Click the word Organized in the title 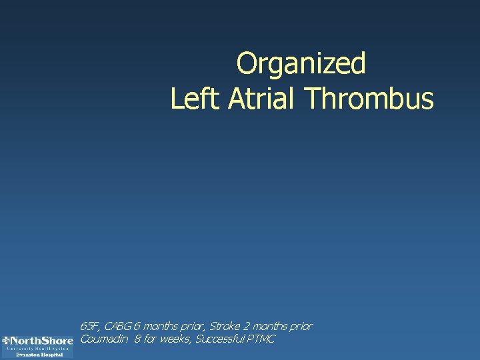[301, 65]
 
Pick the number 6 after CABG [137, 327]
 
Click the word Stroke [225, 327]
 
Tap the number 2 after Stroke [247, 327]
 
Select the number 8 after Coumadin [137, 339]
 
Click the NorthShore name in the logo [41, 340]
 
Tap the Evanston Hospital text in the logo [40, 355]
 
